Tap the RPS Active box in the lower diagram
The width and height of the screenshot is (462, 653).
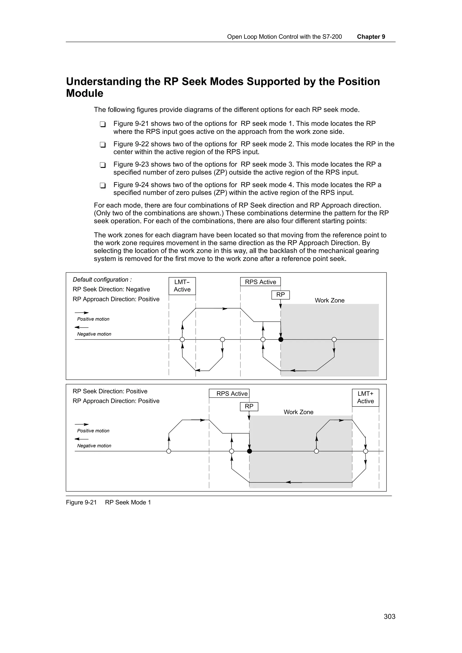229,393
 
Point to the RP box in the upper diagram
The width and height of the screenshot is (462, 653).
280,295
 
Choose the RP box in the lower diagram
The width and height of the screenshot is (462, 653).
249,406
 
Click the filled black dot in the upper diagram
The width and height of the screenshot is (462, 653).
281,339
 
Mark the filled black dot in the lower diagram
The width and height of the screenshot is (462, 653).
249,451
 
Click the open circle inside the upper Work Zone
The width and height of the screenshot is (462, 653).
334,339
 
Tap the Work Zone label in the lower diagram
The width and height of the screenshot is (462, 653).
298,412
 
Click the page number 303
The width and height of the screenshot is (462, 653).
389,616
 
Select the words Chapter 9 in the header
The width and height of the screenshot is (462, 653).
371,37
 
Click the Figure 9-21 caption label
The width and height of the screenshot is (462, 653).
81,502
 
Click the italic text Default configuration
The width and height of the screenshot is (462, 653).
102,280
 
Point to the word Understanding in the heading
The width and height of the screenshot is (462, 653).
103,82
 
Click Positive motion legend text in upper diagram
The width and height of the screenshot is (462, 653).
93,319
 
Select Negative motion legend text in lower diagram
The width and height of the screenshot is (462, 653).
94,446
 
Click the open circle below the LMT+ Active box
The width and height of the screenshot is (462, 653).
365,451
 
